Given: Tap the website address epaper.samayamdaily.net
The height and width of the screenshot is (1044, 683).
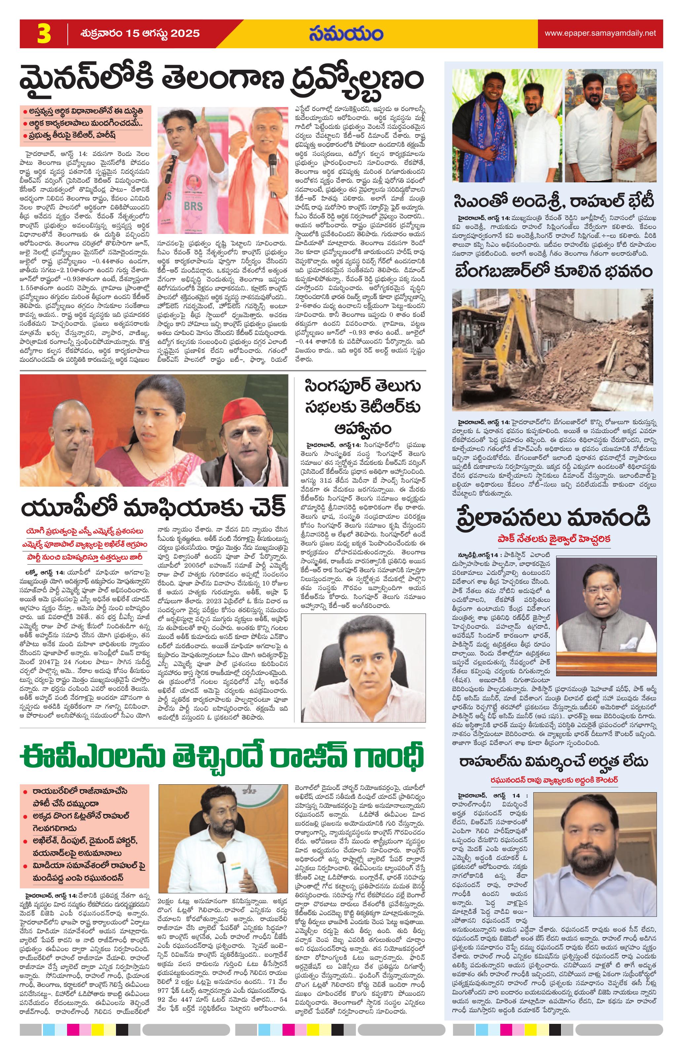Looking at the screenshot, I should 600,33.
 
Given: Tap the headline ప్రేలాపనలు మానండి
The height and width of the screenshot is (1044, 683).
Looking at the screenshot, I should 553,518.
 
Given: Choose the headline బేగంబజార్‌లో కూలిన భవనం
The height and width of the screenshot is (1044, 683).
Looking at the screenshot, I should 553,272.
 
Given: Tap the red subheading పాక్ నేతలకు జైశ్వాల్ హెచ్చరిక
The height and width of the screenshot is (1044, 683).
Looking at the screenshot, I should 553,538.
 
